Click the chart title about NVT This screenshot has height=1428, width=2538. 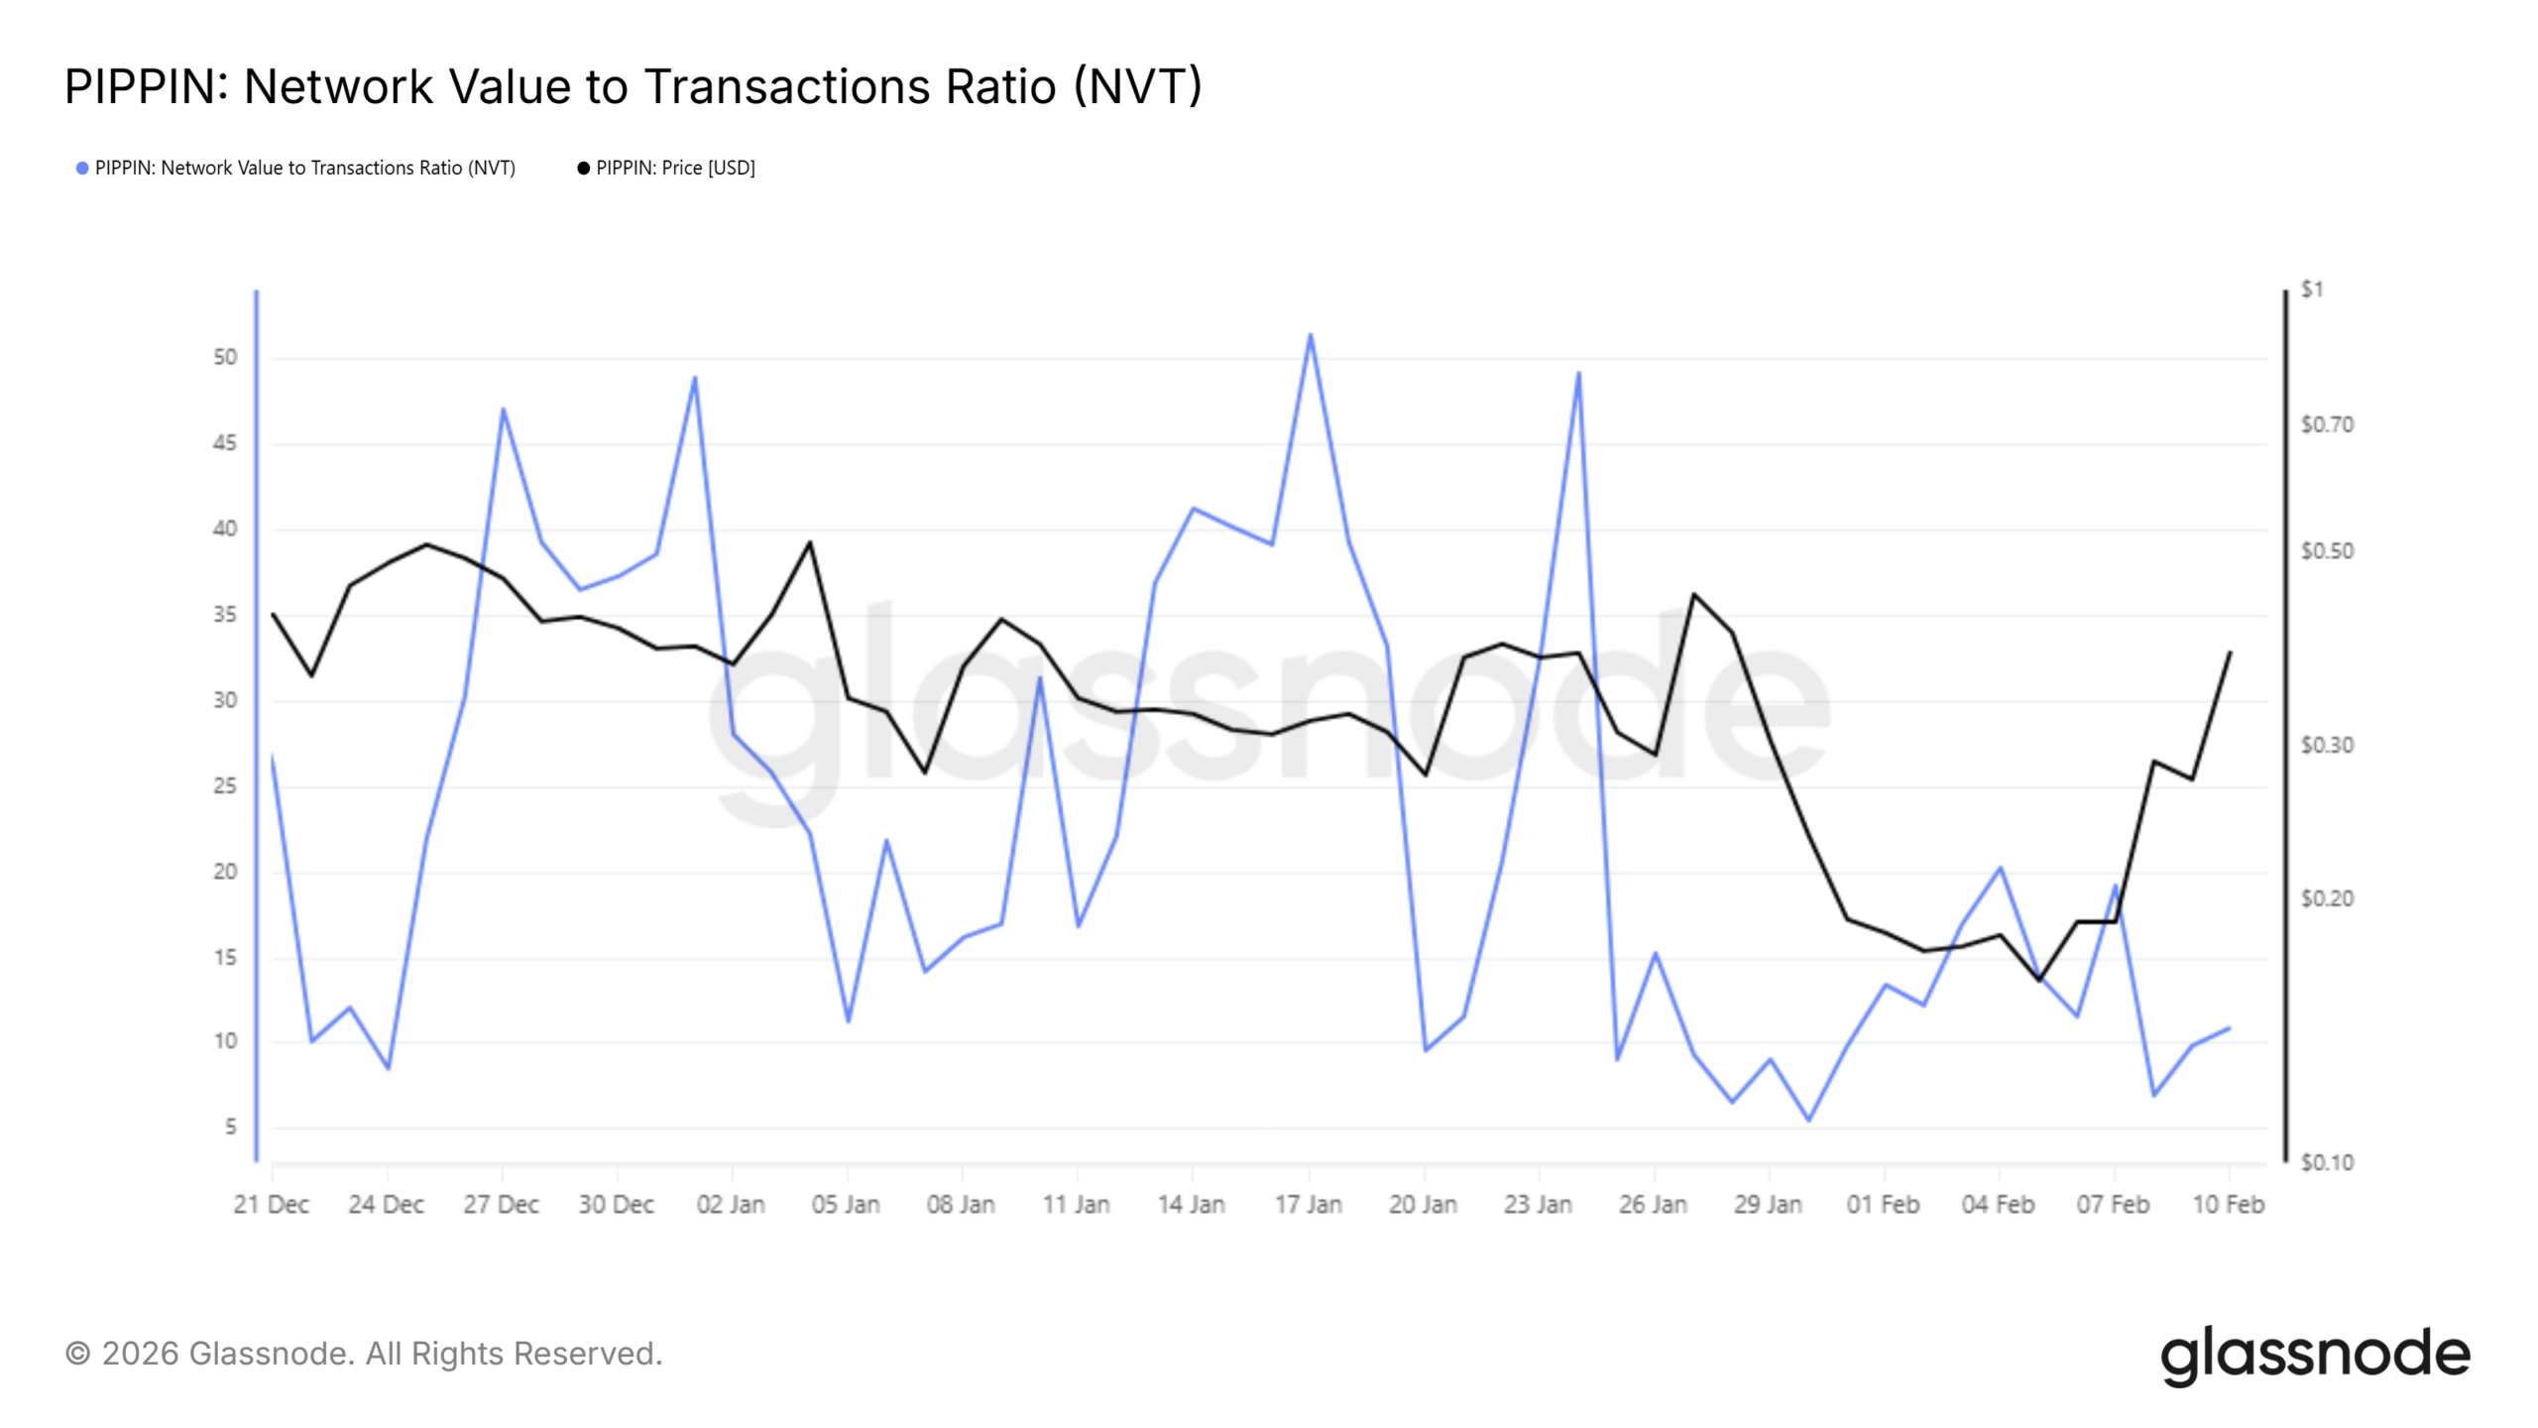(x=633, y=86)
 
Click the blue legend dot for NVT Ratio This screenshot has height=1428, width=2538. (x=82, y=169)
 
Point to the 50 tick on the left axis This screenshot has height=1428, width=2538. (x=225, y=357)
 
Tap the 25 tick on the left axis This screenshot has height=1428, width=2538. (x=225, y=786)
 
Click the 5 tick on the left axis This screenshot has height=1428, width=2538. (x=230, y=1127)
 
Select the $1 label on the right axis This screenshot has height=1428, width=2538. (x=2312, y=290)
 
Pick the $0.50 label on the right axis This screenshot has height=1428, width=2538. (x=2326, y=551)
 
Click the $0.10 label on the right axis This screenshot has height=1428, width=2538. (x=2326, y=1162)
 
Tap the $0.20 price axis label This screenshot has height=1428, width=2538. (x=2326, y=898)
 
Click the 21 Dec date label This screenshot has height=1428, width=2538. (x=271, y=1205)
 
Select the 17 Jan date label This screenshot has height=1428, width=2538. (x=1308, y=1205)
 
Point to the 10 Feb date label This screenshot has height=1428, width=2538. (x=2228, y=1205)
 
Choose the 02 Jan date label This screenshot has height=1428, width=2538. (x=731, y=1205)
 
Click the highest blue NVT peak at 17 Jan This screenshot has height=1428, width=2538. (x=1310, y=334)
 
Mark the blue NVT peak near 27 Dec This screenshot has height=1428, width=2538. (x=503, y=409)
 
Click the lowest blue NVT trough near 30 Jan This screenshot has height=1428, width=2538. (x=1808, y=1121)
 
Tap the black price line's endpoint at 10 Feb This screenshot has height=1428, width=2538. (x=2230, y=653)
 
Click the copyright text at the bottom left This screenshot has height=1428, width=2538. (x=364, y=1354)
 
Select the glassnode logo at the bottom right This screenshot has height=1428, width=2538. (x=2315, y=1356)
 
